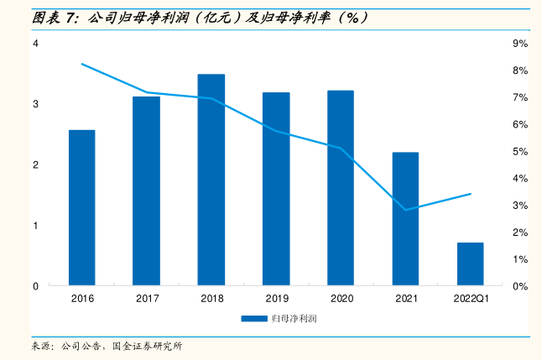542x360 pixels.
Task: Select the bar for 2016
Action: tap(82, 207)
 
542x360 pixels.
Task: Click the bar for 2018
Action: tap(211, 180)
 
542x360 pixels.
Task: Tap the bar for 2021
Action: tap(405, 218)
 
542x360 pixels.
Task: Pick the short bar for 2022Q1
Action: tap(470, 263)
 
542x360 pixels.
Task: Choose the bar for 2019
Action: tap(276, 189)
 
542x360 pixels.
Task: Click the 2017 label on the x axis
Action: tap(147, 299)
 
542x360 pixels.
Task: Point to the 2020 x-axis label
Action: tap(341, 299)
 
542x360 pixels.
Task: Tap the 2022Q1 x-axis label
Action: tap(471, 299)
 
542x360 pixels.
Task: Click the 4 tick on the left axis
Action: tap(36, 44)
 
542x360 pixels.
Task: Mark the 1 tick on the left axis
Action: tap(36, 226)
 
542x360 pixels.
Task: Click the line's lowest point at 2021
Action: tap(405, 210)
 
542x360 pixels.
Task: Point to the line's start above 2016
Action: tap(82, 64)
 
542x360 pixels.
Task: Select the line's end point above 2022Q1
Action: tap(471, 194)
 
